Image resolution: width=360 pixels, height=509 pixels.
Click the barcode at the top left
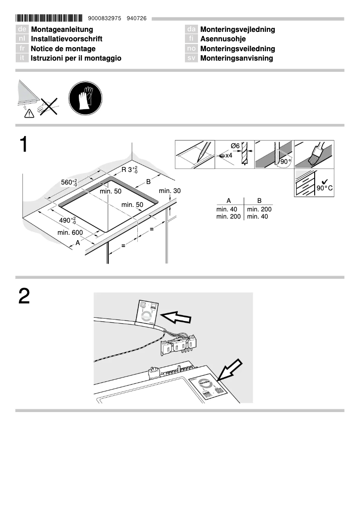click(x=49, y=18)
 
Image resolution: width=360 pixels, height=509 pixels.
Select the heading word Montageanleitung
click(x=62, y=29)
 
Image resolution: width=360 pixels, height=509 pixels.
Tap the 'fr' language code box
click(x=22, y=48)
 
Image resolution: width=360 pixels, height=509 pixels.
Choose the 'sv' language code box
click(x=191, y=58)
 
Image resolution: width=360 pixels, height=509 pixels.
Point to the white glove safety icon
click(x=85, y=98)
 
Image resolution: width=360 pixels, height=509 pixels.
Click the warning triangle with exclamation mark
click(x=29, y=113)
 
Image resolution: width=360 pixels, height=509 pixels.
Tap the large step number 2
click(x=24, y=296)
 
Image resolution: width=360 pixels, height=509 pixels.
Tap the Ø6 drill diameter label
click(x=235, y=146)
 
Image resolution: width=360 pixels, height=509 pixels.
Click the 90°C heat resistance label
click(x=324, y=188)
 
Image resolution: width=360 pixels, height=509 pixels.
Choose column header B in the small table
click(x=259, y=201)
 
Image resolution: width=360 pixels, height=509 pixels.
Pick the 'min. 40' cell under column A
click(x=226, y=209)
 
